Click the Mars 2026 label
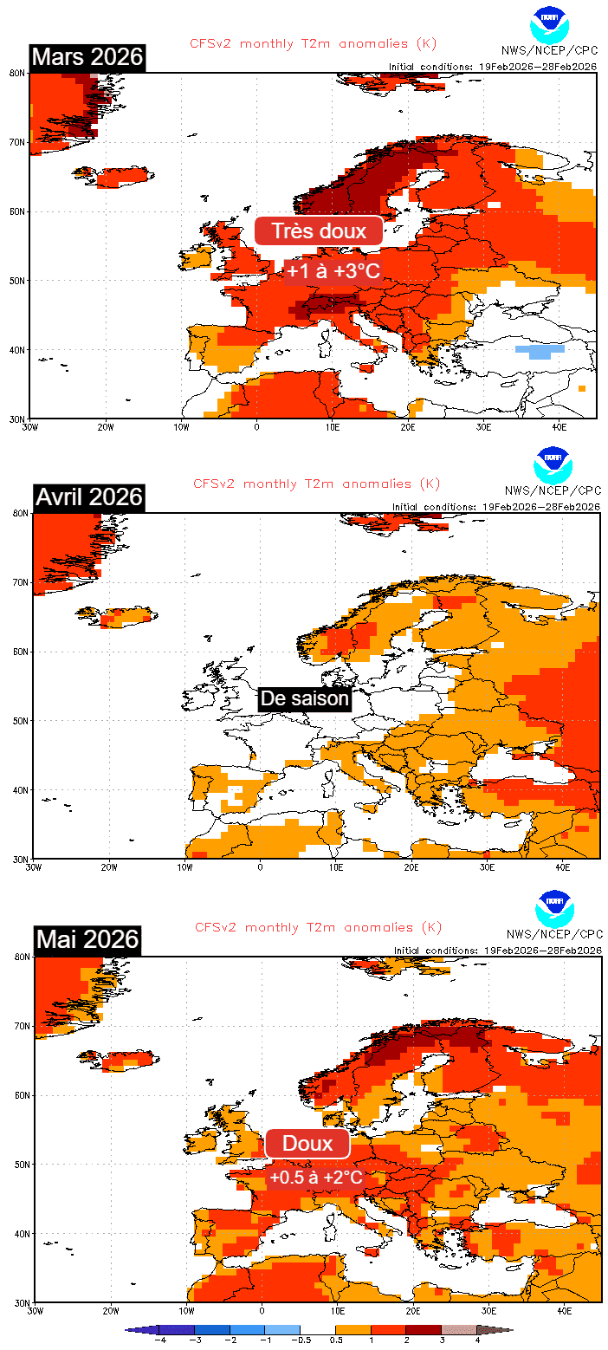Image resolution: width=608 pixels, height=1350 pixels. click(x=87, y=57)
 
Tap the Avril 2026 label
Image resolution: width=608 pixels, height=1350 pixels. click(x=89, y=497)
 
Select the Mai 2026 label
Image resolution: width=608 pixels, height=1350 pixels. click(x=87, y=938)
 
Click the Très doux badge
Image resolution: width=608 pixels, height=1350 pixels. click(x=318, y=231)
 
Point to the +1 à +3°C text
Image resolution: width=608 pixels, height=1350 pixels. click(x=333, y=271)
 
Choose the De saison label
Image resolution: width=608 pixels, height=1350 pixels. click(x=304, y=698)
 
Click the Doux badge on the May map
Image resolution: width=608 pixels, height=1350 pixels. click(x=307, y=1144)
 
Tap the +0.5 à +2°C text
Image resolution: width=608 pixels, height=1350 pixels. click(x=315, y=1178)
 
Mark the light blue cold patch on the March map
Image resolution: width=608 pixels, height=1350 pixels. click(x=534, y=352)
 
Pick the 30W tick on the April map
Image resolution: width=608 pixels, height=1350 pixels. click(x=33, y=866)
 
